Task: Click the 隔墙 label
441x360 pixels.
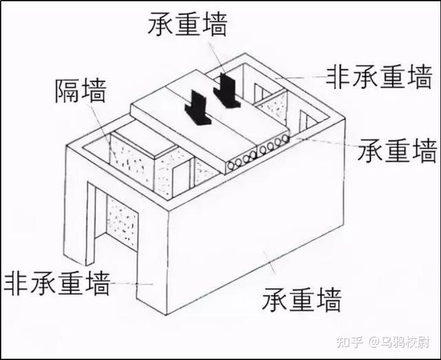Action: [80, 91]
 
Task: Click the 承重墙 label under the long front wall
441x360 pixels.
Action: [301, 299]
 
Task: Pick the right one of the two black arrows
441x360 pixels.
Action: [226, 91]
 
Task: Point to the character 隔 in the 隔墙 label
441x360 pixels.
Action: [67, 91]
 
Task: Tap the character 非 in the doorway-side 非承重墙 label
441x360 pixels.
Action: [15, 282]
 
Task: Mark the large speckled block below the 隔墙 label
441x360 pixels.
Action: [132, 162]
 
